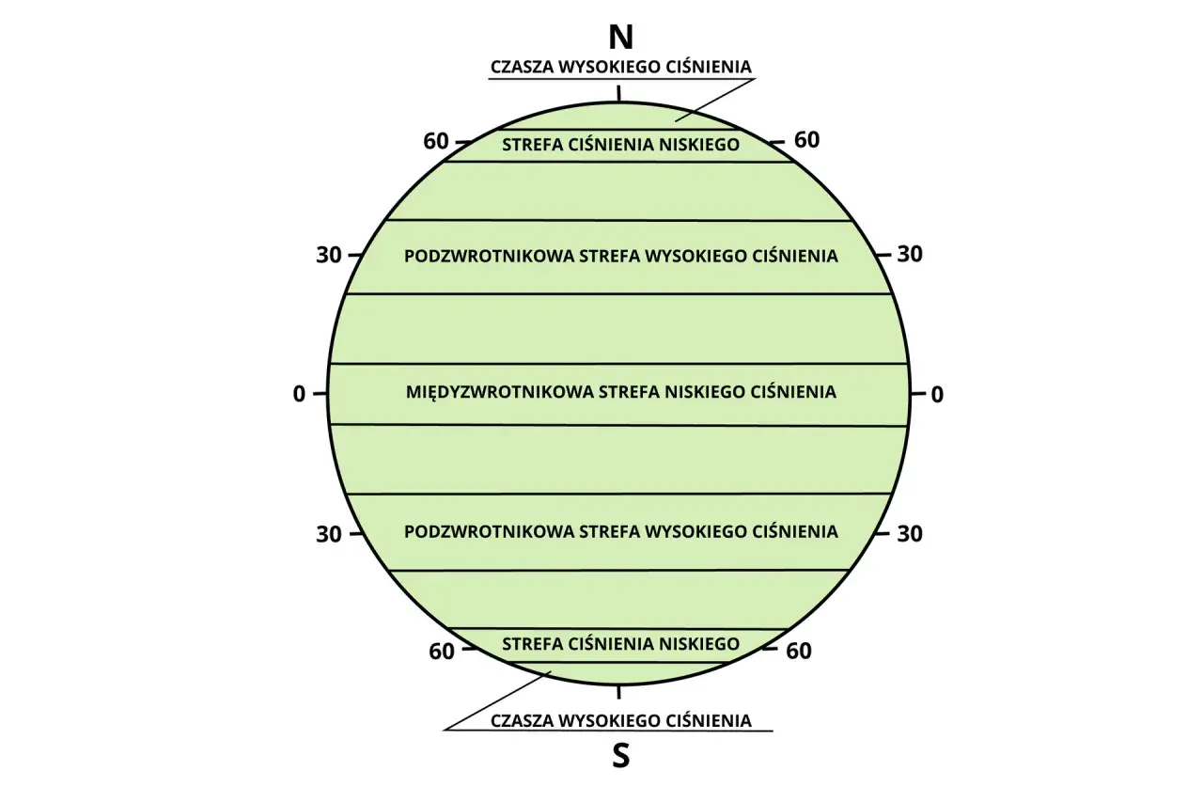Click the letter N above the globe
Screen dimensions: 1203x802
[x=620, y=38]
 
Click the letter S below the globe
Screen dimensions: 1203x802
[x=621, y=756]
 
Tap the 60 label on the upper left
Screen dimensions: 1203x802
[x=435, y=141]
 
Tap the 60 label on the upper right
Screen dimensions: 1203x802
[x=806, y=140]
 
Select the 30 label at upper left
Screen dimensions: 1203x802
[x=329, y=255]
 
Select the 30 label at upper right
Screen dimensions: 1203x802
[x=910, y=254]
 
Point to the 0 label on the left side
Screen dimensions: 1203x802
[x=299, y=394]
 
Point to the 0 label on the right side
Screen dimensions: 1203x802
[x=937, y=395]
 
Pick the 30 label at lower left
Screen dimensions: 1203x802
[x=329, y=534]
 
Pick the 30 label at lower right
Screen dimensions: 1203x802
[x=910, y=533]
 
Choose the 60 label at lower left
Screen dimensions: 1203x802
[x=442, y=652]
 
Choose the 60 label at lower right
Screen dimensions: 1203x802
[x=799, y=651]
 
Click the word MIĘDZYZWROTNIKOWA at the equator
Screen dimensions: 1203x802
[x=499, y=393]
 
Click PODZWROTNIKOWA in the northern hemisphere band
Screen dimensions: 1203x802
[x=488, y=257]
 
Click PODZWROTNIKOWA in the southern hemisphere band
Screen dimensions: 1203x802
[x=488, y=532]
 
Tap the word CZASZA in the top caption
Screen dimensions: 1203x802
[x=521, y=67]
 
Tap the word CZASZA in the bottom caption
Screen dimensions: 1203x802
[x=521, y=721]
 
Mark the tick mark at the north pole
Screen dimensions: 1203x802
[x=618, y=93]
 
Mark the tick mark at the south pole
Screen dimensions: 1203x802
[x=618, y=692]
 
